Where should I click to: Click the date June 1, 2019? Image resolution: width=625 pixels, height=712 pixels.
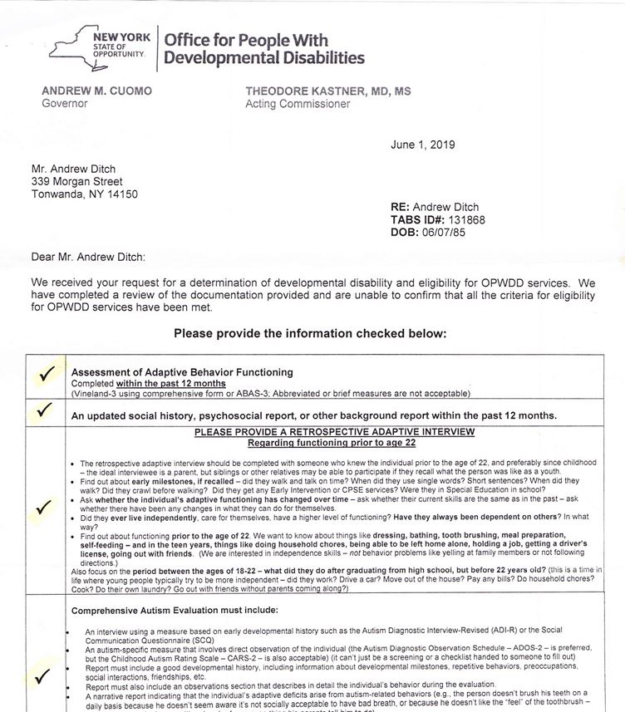point(423,145)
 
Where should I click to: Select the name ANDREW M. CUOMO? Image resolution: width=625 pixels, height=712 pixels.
point(96,91)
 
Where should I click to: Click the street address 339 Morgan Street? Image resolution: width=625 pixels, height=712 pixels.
point(76,181)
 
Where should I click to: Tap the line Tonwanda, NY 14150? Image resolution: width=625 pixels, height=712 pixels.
point(84,194)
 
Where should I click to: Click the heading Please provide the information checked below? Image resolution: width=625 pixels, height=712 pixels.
point(309,334)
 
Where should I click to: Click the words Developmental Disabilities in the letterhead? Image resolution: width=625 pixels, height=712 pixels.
point(264,58)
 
